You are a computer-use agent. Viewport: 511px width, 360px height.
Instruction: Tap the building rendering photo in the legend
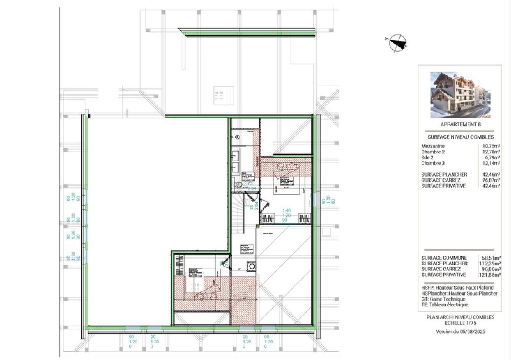point(460,95)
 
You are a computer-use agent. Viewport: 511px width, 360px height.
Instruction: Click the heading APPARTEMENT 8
point(461,124)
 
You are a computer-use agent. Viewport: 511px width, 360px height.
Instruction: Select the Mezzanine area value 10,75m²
point(491,146)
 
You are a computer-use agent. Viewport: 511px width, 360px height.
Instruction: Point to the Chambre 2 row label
point(433,152)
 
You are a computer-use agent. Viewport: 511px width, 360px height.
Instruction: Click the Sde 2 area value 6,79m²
point(493,158)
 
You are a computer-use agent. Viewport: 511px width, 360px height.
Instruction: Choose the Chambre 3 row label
point(433,163)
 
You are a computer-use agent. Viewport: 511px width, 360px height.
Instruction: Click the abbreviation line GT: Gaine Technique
point(443,299)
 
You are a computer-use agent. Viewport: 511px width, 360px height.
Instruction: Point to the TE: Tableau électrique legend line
point(445,305)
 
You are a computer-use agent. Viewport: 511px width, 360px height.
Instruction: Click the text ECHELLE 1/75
point(460,323)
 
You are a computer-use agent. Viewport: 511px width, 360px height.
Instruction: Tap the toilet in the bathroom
point(239,184)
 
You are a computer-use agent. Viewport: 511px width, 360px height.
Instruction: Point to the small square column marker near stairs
point(258,226)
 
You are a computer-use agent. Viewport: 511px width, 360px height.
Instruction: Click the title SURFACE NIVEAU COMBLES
point(461,137)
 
